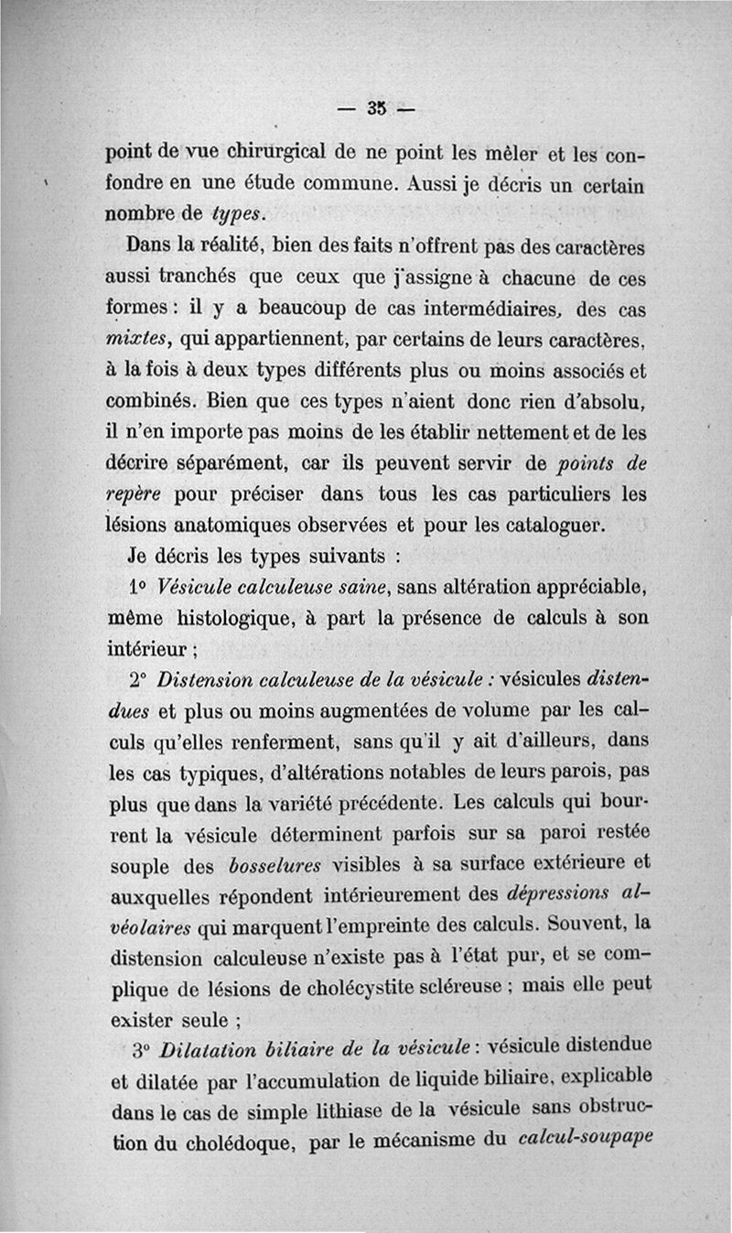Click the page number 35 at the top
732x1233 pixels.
click(x=375, y=107)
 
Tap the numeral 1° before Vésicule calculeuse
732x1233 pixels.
click(x=140, y=586)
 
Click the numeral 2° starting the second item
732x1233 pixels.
click(x=138, y=680)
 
